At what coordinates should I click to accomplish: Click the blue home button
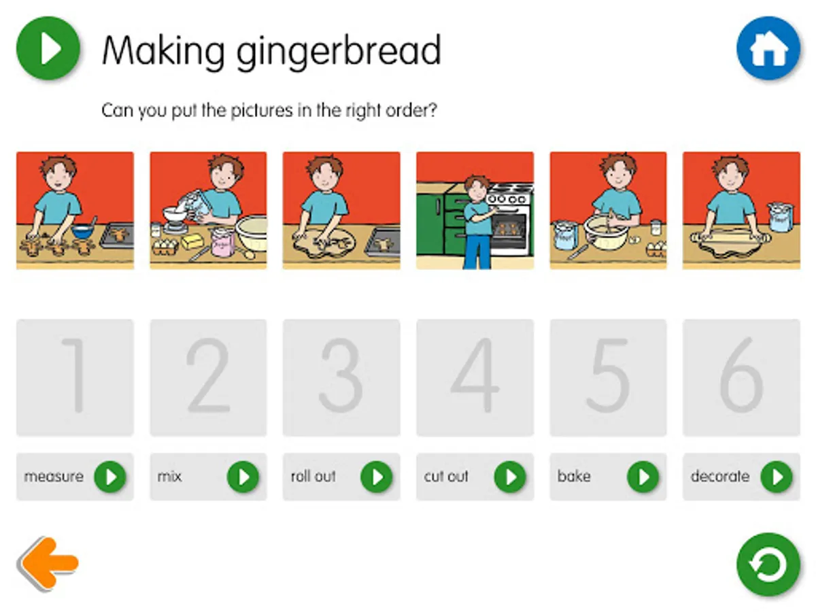768,48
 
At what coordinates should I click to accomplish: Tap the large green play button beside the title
48,48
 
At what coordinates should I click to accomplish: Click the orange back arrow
48,562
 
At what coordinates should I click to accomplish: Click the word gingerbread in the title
339,52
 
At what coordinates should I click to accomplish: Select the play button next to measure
110,477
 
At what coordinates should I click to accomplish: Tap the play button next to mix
243,477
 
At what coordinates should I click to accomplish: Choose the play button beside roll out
377,477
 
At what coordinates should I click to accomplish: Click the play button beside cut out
510,477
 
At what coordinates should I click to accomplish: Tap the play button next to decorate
777,477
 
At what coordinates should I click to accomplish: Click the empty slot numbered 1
75,377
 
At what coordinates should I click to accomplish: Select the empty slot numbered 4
475,377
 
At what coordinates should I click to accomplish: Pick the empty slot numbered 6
741,377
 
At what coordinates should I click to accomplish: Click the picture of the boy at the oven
475,210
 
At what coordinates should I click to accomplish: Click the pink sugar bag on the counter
222,242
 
